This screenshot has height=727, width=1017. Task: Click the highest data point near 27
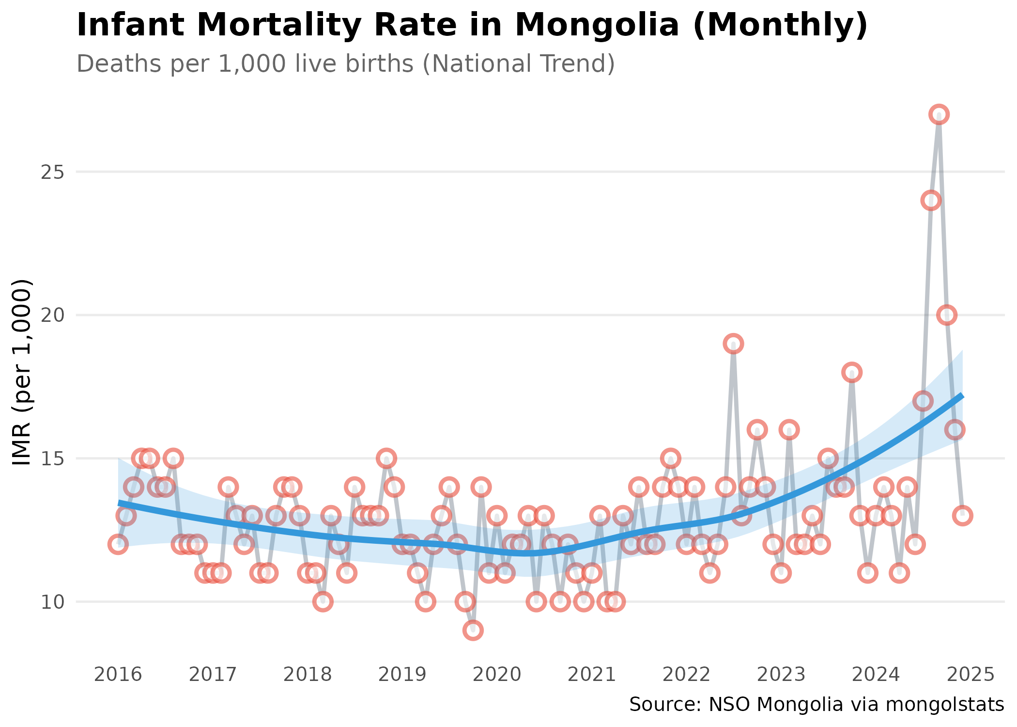939,114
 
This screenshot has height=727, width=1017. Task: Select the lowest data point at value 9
473,630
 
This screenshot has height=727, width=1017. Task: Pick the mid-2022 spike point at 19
734,344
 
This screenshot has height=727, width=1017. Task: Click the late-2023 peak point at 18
852,372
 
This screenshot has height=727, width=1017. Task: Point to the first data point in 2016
118,544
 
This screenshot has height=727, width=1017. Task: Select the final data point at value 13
963,516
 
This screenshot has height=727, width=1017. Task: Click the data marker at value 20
947,315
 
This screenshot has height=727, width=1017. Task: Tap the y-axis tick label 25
53,172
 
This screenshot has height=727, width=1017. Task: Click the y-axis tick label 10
53,602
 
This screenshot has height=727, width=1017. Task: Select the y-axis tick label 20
53,316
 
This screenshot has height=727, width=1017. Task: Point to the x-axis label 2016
118,674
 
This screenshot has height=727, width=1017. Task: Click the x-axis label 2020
497,674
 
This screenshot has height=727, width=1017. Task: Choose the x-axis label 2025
971,674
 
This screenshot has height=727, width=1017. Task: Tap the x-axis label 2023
781,674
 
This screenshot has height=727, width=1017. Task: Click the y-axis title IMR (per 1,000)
22,372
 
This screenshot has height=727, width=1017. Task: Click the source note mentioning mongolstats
817,704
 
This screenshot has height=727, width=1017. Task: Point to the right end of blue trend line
962,396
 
